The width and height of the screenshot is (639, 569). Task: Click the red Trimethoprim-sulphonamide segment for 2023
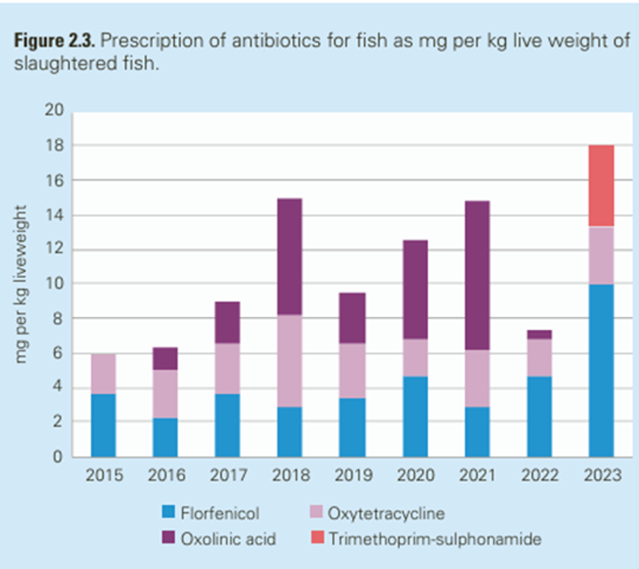pos(601,186)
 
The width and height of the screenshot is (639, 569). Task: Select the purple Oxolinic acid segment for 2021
pos(477,275)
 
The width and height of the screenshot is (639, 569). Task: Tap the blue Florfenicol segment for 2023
pos(601,370)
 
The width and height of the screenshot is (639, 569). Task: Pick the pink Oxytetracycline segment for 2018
pos(289,360)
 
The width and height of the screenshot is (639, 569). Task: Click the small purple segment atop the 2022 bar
pos(539,334)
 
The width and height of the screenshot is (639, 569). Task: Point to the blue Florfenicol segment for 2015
pos(103,425)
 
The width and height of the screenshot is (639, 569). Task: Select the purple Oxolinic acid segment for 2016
pos(165,358)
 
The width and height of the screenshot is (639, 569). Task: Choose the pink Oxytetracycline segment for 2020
pos(415,357)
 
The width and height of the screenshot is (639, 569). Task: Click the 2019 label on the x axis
pos(352,476)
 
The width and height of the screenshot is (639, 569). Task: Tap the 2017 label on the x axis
pos(227,476)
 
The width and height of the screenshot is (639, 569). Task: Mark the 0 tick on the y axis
pos(58,457)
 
